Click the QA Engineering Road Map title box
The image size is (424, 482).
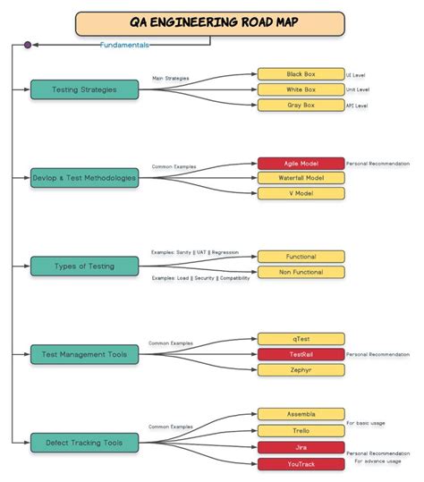[x=209, y=23]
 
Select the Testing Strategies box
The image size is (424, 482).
[x=84, y=89]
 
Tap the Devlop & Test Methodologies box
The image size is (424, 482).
[x=84, y=178]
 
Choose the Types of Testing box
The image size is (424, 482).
[x=84, y=266]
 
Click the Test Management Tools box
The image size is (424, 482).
[x=84, y=354]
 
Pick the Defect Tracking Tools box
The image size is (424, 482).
[x=84, y=442]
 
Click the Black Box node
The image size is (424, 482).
[x=301, y=74]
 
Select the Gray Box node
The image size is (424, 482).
[x=301, y=106]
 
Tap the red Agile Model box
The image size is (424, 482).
[x=301, y=164]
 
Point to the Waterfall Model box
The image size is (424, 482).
[x=301, y=178]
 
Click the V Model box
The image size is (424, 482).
[x=301, y=193]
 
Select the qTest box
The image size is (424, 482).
[x=301, y=339]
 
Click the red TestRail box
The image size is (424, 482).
[x=301, y=354]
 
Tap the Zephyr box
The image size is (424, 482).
[x=301, y=369]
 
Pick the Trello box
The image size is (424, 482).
[x=301, y=430]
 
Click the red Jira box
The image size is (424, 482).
[x=301, y=447]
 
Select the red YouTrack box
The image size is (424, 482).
[x=301, y=463]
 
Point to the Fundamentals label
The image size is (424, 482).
[x=125, y=44]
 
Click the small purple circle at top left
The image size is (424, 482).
[x=28, y=44]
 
